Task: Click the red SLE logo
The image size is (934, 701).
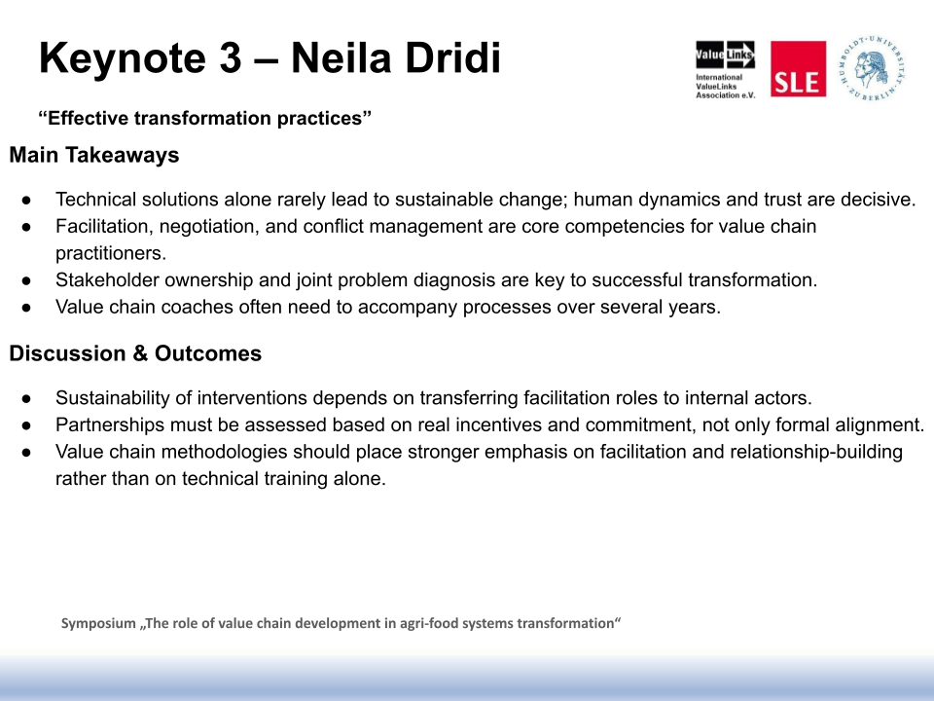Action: point(798,68)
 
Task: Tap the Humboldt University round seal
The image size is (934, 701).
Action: point(873,68)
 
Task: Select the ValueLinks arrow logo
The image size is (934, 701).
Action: point(725,55)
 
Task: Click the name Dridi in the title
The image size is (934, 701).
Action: point(452,58)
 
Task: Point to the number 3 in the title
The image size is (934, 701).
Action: point(230,58)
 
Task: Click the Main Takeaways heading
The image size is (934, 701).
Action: point(94,155)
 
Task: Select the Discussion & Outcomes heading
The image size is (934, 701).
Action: point(135,353)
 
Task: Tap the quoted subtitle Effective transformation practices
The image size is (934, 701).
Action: point(205,118)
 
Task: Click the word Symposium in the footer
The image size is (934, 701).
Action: point(98,623)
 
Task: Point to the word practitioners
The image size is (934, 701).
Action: point(111,253)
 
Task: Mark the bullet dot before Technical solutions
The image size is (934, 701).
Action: point(26,201)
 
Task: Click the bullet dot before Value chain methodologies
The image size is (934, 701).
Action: point(26,453)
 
